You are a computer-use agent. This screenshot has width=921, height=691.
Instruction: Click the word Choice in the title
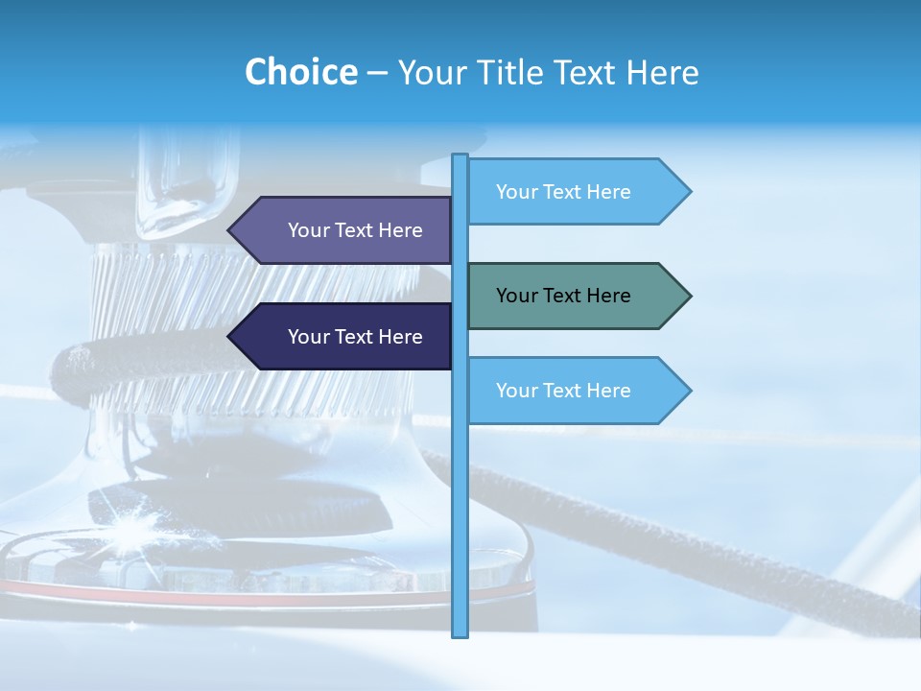click(x=300, y=72)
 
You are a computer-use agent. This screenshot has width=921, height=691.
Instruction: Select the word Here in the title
click(x=662, y=72)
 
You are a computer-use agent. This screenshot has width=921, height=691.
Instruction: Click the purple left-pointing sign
click(x=345, y=230)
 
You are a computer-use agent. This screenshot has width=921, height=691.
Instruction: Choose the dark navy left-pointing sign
click(x=345, y=337)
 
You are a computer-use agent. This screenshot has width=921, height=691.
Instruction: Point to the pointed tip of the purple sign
click(x=230, y=230)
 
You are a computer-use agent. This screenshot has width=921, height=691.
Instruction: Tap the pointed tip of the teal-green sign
click(x=689, y=296)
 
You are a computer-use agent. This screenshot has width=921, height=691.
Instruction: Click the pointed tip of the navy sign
click(x=230, y=337)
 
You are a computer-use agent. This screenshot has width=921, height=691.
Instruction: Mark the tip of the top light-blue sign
click(x=689, y=192)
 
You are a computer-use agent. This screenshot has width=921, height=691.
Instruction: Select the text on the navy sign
click(x=355, y=337)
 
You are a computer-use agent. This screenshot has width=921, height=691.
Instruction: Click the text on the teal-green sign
click(x=563, y=296)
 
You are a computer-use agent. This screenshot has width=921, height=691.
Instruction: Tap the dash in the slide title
click(x=377, y=73)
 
